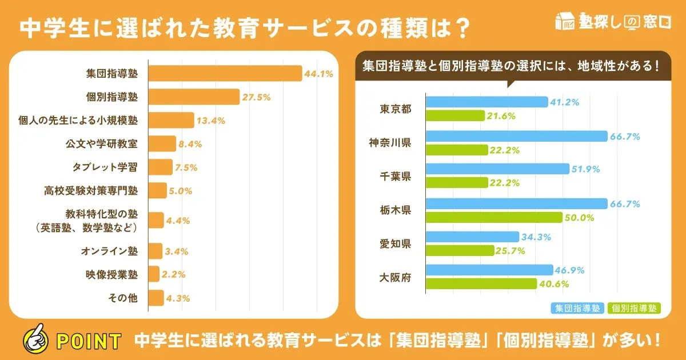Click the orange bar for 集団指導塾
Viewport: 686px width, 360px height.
(x=225, y=74)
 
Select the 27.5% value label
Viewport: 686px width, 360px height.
(x=256, y=97)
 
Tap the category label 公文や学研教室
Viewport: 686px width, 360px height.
(x=105, y=143)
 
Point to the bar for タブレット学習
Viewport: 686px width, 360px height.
(x=160, y=167)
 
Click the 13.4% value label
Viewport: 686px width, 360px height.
(x=211, y=121)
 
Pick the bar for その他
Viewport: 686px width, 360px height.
(x=155, y=298)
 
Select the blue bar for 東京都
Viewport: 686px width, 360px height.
(x=486, y=102)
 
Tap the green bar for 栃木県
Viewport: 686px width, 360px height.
(x=494, y=217)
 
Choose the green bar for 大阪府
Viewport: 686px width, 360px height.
(x=481, y=283)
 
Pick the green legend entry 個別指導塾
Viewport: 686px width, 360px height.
(x=633, y=308)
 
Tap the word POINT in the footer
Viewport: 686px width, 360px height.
(x=89, y=341)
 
